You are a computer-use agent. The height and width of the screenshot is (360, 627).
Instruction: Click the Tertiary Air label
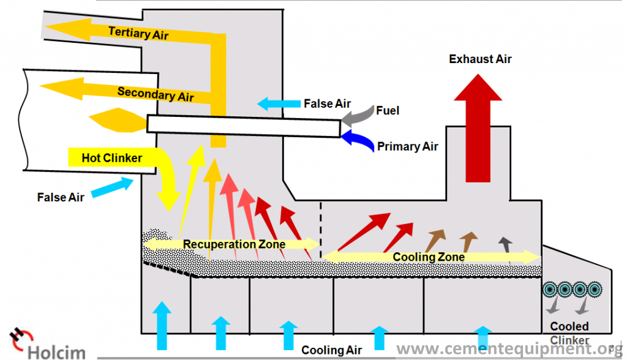tap(138, 32)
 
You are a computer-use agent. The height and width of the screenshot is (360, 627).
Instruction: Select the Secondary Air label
tap(156, 94)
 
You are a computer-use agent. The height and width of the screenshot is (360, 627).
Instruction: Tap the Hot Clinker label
tap(111, 159)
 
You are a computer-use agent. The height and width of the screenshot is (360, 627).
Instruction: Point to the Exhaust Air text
tap(480, 59)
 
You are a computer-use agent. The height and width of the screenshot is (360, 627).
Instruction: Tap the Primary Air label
tap(407, 147)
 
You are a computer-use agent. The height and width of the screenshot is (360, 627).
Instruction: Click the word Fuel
tap(387, 111)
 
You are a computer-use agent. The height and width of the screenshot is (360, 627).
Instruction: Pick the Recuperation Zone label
tap(234, 244)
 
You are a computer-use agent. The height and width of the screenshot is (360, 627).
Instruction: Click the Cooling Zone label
tap(429, 257)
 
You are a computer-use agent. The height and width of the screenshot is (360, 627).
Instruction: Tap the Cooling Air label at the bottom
tap(331, 350)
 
